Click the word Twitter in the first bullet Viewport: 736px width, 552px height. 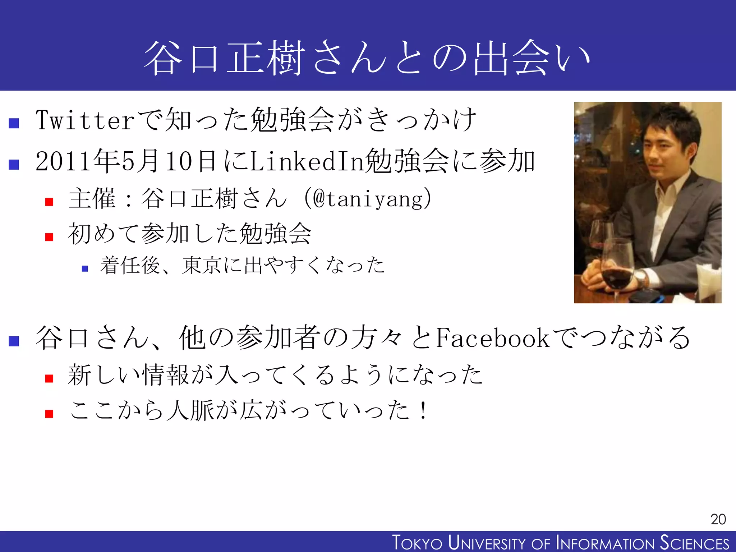(85, 120)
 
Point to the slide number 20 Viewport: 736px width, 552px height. (718, 519)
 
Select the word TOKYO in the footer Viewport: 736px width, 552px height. (417, 543)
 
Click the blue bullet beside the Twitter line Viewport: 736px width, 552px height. (14, 123)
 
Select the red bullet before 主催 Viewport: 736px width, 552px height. (49, 202)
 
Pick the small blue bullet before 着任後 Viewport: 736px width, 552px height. (85, 268)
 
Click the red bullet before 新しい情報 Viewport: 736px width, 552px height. (49, 378)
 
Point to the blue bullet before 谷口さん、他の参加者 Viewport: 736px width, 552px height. (14, 341)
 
